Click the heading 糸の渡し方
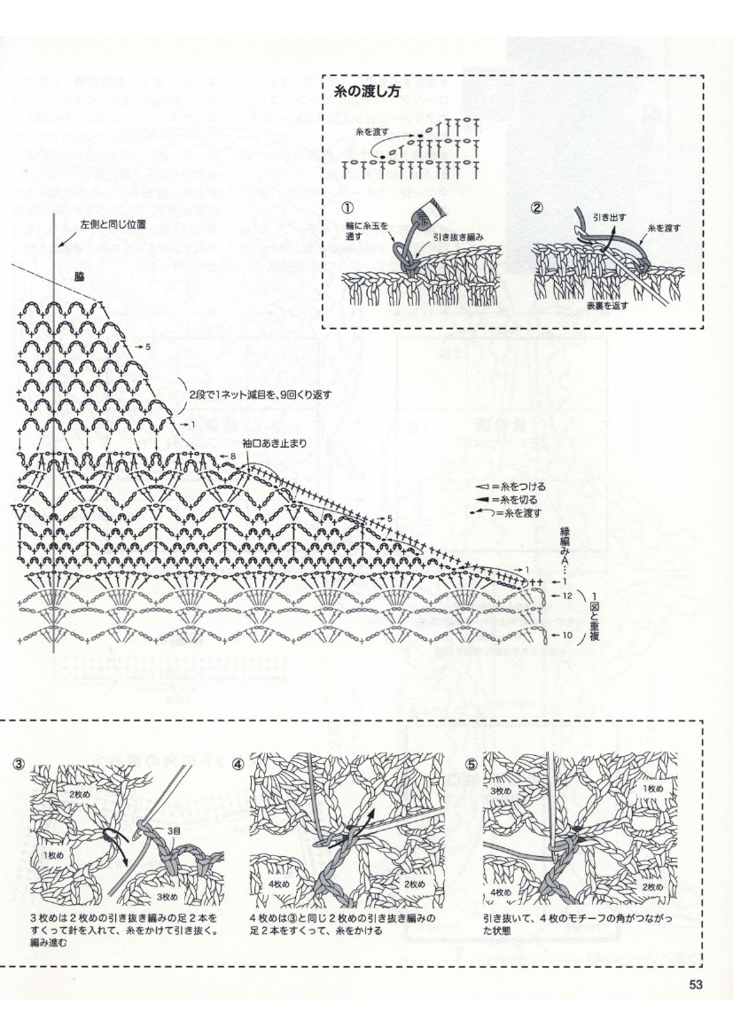pyautogui.click(x=365, y=91)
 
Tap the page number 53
pyautogui.click(x=695, y=983)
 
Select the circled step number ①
pyautogui.click(x=347, y=209)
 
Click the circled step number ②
pyautogui.click(x=536, y=209)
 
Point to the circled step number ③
pyautogui.click(x=19, y=764)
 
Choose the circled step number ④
pyautogui.click(x=238, y=764)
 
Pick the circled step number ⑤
pyautogui.click(x=472, y=764)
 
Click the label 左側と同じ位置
pyautogui.click(x=113, y=225)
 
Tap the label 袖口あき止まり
pyautogui.click(x=268, y=442)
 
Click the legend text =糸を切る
pyautogui.click(x=517, y=500)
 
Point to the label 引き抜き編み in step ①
pyautogui.click(x=457, y=239)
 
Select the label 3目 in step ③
pyautogui.click(x=174, y=830)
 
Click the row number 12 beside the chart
pyautogui.click(x=566, y=596)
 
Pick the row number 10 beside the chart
pyautogui.click(x=566, y=636)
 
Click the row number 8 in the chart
pyautogui.click(x=233, y=456)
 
